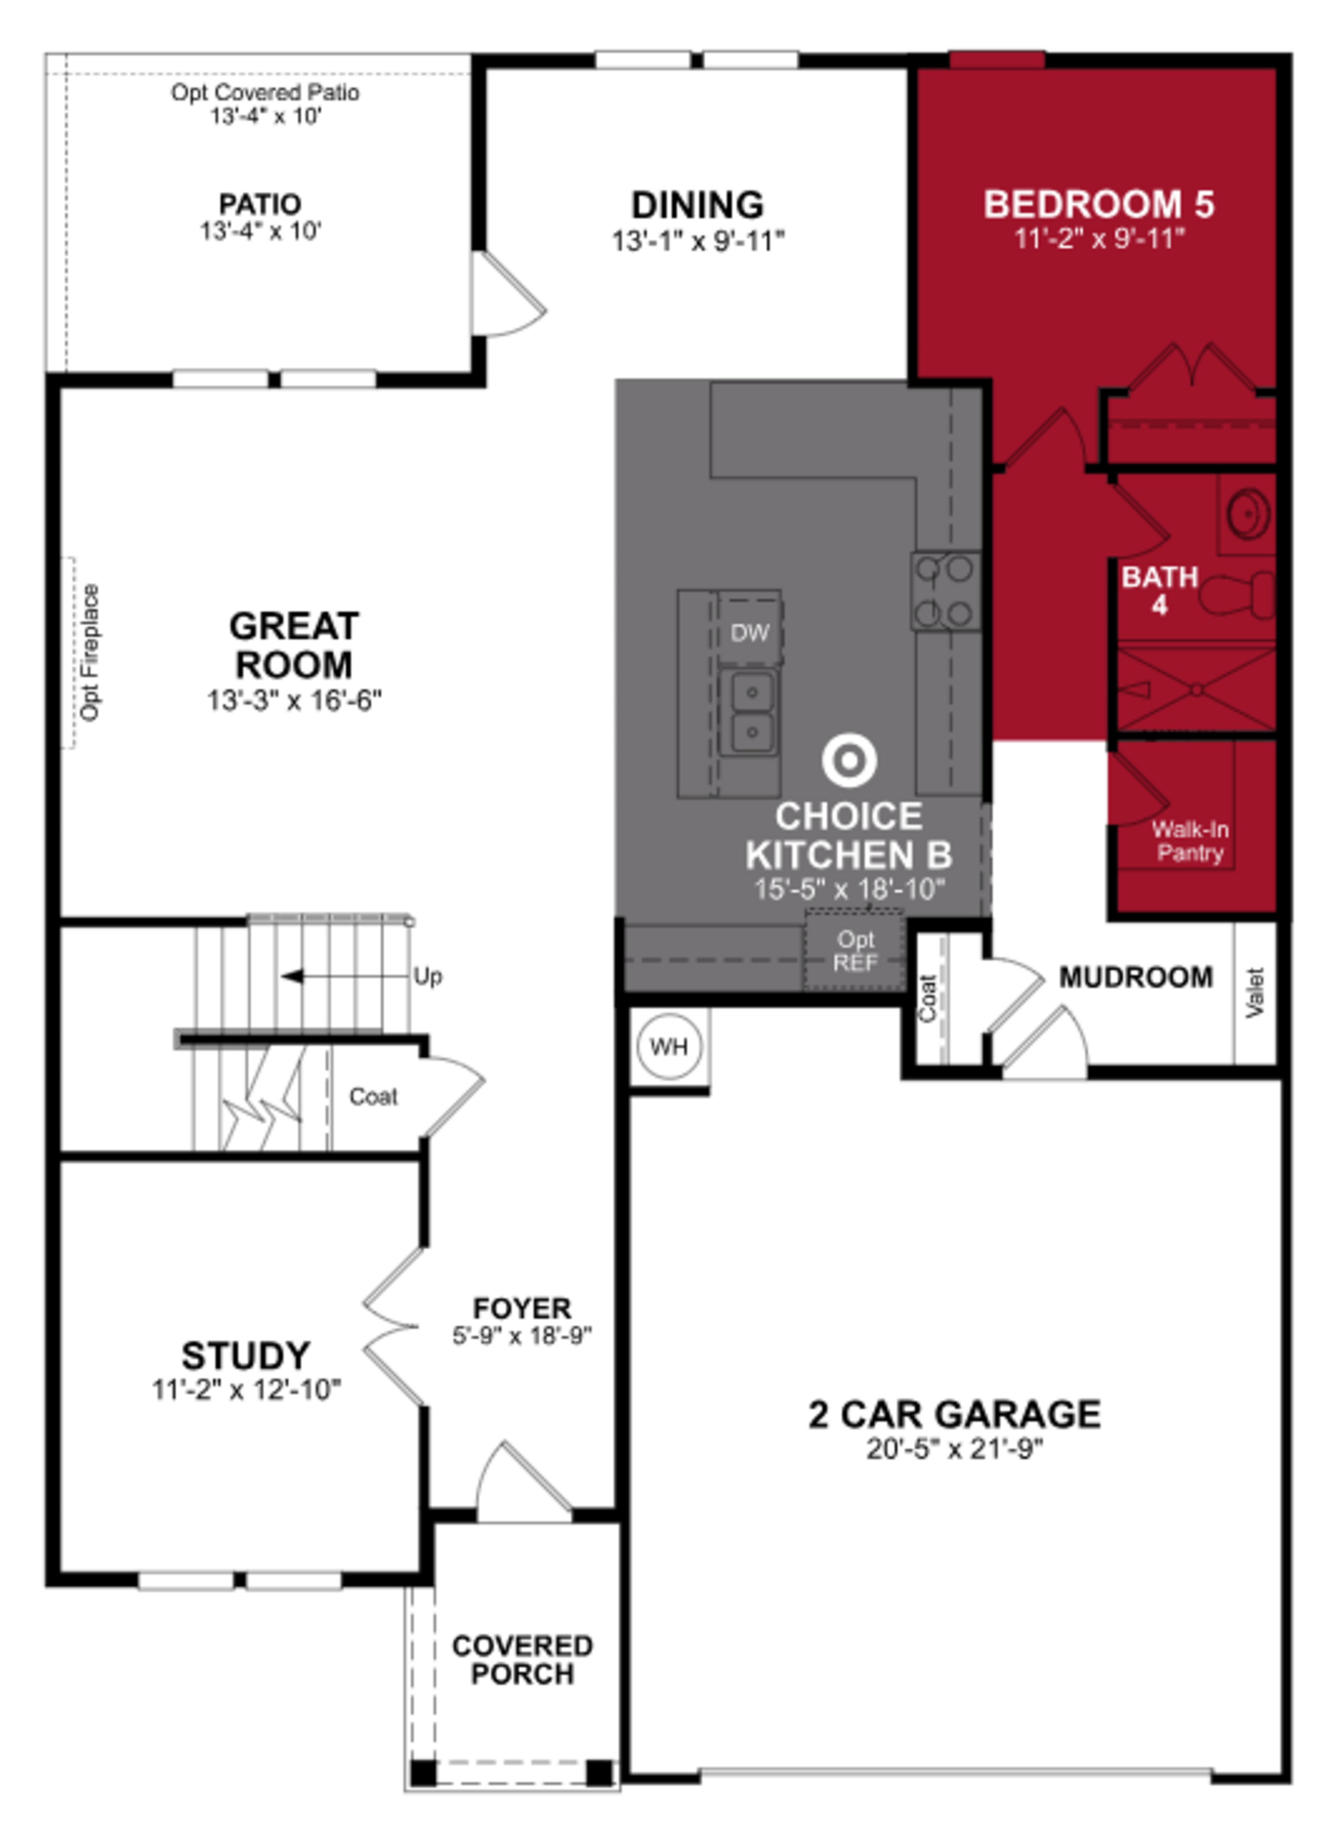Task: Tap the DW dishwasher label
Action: tap(749, 633)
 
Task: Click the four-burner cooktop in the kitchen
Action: tap(945, 591)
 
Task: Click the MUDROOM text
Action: tap(1136, 977)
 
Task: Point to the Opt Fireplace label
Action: tap(90, 652)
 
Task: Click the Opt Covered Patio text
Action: tap(265, 93)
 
